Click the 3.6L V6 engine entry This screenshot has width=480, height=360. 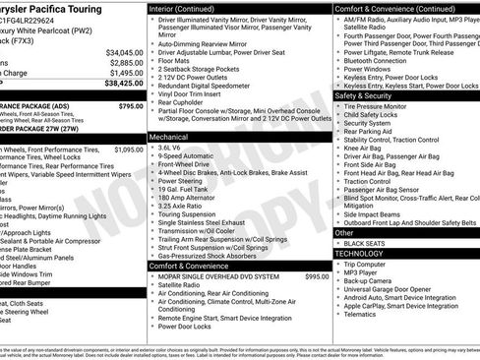[x=170, y=147]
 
